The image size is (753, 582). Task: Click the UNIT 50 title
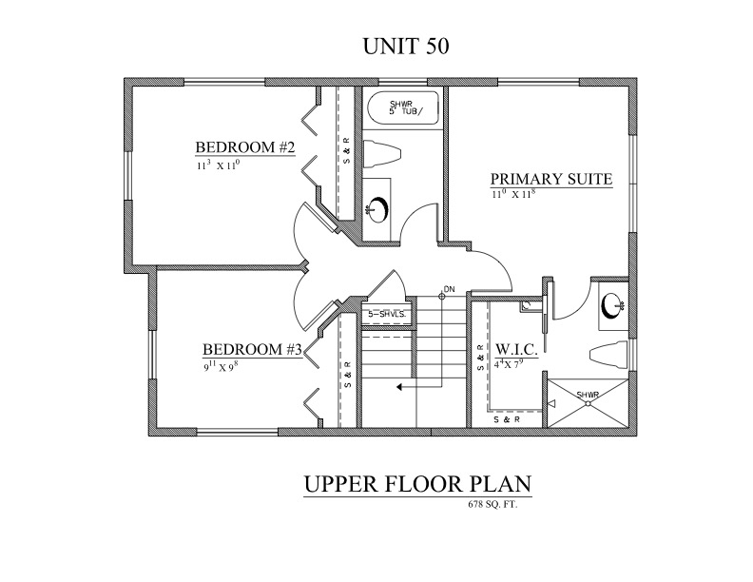tap(406, 47)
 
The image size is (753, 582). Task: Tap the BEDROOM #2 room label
tap(245, 147)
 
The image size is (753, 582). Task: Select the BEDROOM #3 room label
tap(252, 349)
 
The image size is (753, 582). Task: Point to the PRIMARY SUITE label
tap(551, 179)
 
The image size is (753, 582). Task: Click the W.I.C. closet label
tap(515, 348)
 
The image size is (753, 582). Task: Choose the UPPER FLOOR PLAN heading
tap(417, 484)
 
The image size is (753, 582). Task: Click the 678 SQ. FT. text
tap(493, 505)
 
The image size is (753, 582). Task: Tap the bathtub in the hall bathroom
tap(403, 108)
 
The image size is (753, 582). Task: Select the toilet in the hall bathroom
tap(381, 154)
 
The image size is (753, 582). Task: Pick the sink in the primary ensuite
tap(612, 305)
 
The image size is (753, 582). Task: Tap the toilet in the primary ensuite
tap(608, 356)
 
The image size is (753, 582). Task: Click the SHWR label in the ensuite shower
tap(588, 395)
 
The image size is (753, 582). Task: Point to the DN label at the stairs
tap(449, 289)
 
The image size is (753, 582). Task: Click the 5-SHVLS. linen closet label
tap(387, 315)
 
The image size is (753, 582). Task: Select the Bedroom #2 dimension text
tap(218, 165)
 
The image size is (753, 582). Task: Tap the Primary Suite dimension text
tap(513, 193)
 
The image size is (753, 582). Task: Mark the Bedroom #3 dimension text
tap(221, 367)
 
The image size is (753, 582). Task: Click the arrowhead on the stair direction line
tap(399, 385)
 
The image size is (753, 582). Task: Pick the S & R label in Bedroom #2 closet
tap(347, 150)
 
